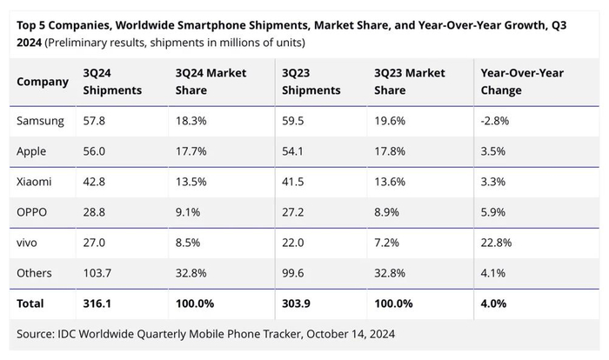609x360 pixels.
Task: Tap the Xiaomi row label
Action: point(35,182)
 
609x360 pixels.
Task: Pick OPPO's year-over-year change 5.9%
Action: point(493,212)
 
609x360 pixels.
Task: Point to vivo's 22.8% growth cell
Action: point(497,243)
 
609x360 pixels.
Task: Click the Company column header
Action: point(43,82)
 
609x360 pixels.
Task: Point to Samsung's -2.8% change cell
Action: point(495,121)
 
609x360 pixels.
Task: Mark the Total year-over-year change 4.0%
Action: point(493,303)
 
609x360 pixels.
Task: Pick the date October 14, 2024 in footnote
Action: point(348,333)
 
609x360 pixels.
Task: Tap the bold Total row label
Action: point(30,303)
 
